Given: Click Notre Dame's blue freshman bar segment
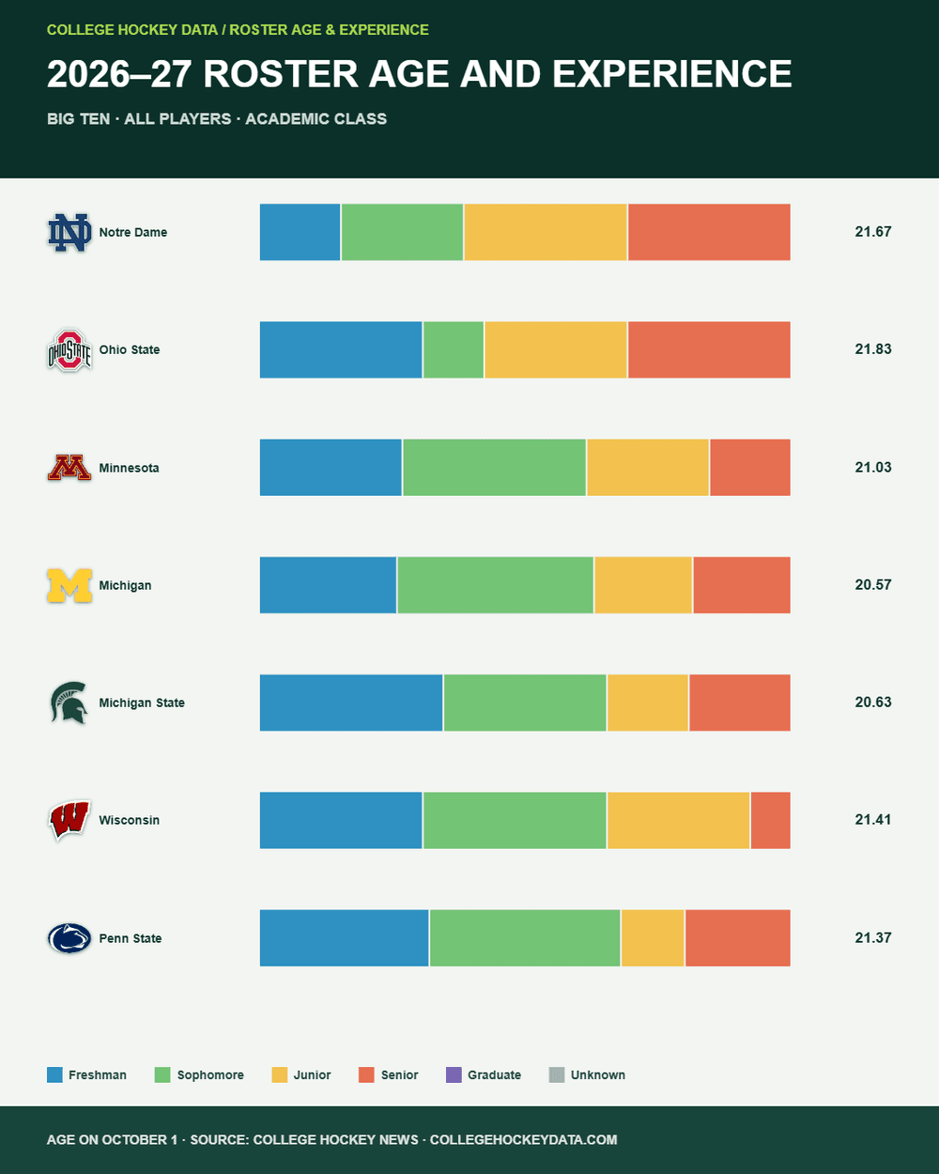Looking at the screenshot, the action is tap(300, 232).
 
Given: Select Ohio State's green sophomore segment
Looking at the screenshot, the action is tap(454, 349).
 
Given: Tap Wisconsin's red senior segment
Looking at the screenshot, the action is tap(770, 820).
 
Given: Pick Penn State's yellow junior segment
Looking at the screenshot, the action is tap(653, 937).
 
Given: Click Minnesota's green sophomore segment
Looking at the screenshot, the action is tap(494, 468).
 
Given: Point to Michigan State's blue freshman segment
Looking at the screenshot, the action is tap(351, 703).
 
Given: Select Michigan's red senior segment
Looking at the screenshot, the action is tap(742, 585).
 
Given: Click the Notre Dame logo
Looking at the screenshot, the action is tap(69, 232).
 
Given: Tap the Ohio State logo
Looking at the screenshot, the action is tap(69, 349).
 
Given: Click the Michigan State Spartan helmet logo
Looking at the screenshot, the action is tap(69, 703).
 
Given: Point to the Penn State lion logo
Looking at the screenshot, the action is tap(69, 938).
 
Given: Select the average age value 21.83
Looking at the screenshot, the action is tap(873, 349).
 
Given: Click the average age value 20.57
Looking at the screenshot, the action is tap(873, 585).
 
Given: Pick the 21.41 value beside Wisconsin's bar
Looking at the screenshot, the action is tap(873, 819).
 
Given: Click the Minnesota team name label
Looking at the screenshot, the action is tap(129, 468).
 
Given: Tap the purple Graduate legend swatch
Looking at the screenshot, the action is tap(454, 1074).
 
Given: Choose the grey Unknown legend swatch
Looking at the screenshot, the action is tap(557, 1074).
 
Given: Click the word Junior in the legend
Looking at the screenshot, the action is tap(312, 1074).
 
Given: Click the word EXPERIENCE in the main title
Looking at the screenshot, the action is tap(671, 73).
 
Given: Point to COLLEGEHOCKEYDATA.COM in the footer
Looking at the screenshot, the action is tap(523, 1139).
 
